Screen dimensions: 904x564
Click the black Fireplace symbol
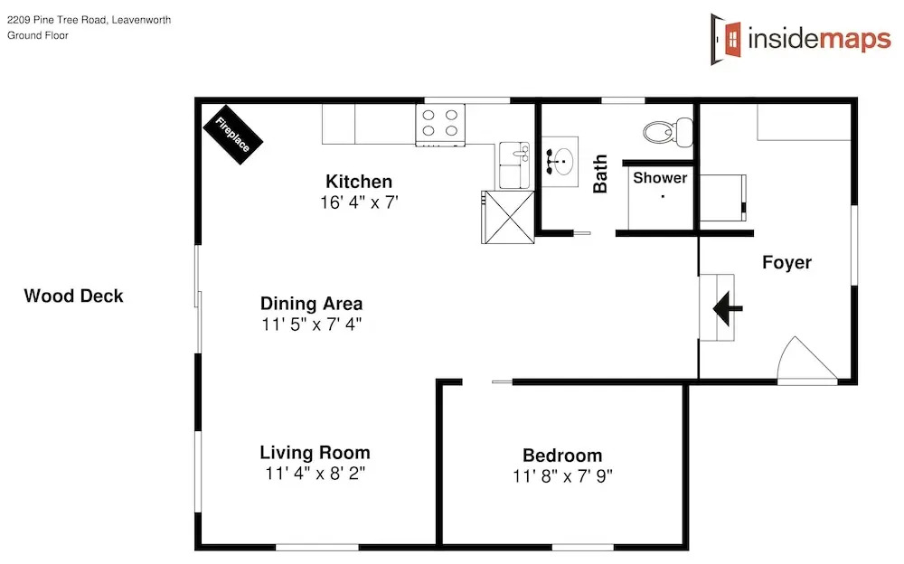(233, 135)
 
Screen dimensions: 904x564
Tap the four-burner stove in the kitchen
(440, 125)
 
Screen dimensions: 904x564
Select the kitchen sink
(514, 165)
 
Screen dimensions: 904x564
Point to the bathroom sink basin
(560, 162)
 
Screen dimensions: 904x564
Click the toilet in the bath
(668, 132)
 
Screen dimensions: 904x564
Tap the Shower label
(660, 178)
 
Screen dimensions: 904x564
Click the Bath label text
(600, 174)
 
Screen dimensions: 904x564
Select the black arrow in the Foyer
(728, 308)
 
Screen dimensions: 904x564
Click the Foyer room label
(787, 262)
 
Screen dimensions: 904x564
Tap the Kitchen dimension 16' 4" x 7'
(359, 202)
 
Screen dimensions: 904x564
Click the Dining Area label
(311, 304)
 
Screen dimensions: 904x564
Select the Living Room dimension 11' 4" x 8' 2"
(315, 474)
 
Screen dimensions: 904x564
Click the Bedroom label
(562, 455)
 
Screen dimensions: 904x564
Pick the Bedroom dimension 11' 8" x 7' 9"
(562, 476)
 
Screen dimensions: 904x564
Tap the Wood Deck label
(74, 296)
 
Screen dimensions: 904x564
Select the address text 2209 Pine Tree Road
(56, 20)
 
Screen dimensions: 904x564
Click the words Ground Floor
(37, 35)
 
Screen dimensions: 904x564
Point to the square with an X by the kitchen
(508, 218)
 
